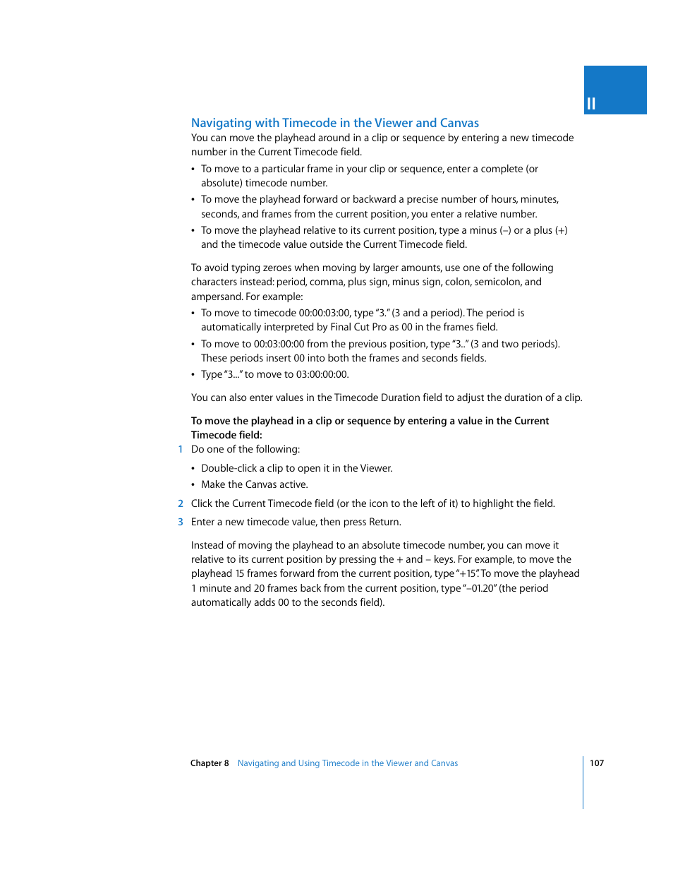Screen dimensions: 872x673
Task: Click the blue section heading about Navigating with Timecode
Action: coord(334,123)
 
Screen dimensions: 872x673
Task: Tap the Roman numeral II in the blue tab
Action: coord(591,104)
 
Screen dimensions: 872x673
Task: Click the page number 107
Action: coord(597,763)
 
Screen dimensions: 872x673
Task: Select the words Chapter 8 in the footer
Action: coord(210,763)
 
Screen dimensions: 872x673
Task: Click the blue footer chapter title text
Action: coord(347,763)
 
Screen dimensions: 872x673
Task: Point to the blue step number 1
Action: coord(181,450)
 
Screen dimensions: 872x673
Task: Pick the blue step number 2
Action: coord(181,504)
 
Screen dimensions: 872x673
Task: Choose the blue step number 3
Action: coord(181,522)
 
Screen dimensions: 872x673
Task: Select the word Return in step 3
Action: coord(384,522)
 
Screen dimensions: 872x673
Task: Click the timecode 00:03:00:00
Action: coord(279,345)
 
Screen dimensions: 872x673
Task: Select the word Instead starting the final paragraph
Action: coord(207,546)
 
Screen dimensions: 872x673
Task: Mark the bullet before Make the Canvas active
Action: coord(193,485)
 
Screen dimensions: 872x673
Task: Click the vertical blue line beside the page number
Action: coord(583,782)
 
